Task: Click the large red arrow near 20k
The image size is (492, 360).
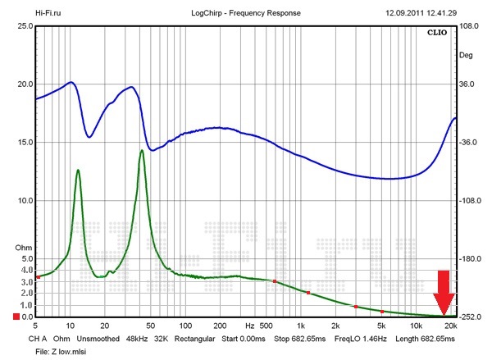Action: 444,292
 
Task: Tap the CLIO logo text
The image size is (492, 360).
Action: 437,34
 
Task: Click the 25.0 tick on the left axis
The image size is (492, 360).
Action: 24,26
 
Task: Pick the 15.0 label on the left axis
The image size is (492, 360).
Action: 24,143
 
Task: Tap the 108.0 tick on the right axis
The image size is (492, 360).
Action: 470,26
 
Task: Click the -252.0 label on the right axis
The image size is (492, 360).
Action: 470,317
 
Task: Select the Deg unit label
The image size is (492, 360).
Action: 466,56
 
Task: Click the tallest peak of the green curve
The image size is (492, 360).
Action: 142,151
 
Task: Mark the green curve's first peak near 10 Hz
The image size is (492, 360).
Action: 78,170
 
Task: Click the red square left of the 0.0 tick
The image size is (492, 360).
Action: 15,317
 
